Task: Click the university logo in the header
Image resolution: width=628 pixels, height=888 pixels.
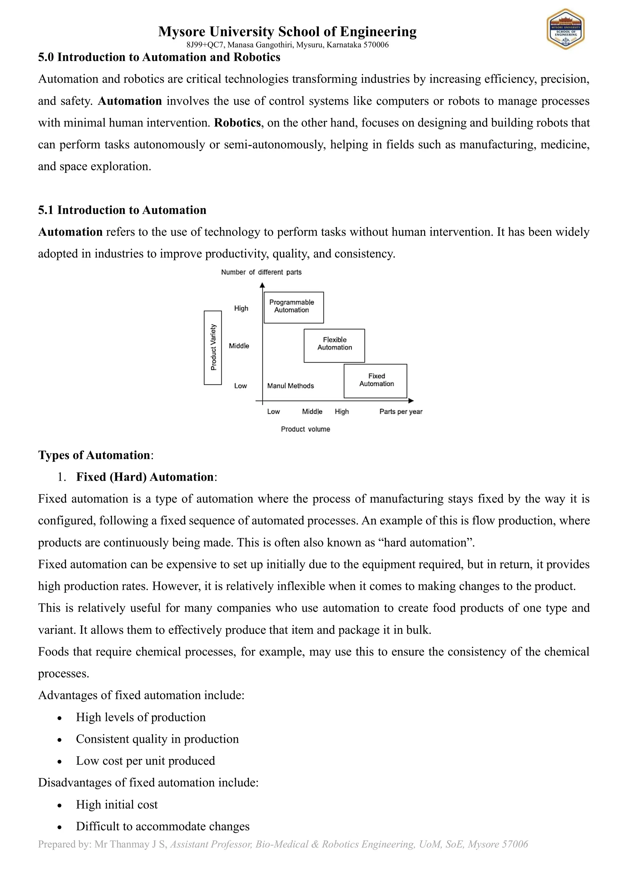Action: [x=565, y=29]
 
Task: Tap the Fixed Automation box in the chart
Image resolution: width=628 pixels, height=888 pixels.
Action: [x=375, y=381]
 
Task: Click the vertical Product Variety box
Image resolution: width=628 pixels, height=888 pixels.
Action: [x=213, y=347]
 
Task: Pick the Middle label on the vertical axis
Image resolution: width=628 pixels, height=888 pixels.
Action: [x=239, y=346]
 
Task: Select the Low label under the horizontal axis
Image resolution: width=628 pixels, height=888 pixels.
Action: [x=273, y=412]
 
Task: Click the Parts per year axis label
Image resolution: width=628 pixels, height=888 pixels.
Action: [x=400, y=412]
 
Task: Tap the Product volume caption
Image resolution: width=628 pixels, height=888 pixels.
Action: [x=305, y=429]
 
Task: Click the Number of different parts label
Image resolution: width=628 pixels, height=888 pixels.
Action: [x=261, y=272]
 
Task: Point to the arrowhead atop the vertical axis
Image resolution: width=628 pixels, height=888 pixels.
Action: [x=262, y=285]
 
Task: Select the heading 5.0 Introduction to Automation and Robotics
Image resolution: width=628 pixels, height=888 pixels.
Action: [x=159, y=57]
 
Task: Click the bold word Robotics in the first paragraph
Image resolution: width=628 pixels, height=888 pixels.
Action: [x=237, y=123]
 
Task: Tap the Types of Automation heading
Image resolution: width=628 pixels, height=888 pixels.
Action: [x=94, y=455]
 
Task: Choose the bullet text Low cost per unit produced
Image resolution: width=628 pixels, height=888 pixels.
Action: [x=145, y=761]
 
